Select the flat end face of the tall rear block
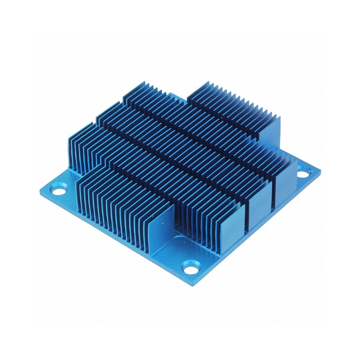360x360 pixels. (x=270, y=130)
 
